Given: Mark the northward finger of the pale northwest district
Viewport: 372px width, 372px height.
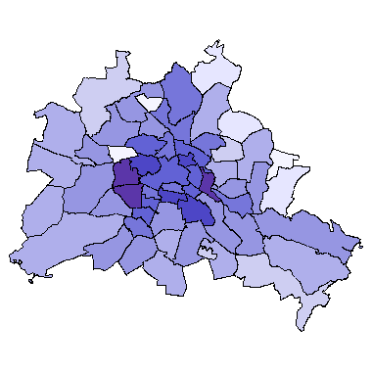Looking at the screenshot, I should click(x=121, y=68).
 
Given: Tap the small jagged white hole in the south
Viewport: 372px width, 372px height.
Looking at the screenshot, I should click(x=207, y=252).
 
